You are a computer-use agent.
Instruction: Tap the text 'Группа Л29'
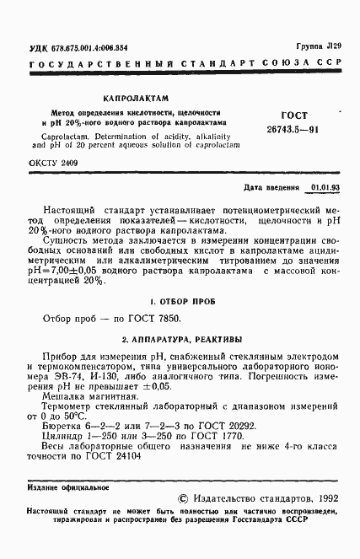point(318,48)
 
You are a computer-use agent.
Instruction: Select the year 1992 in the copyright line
point(324,499)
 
